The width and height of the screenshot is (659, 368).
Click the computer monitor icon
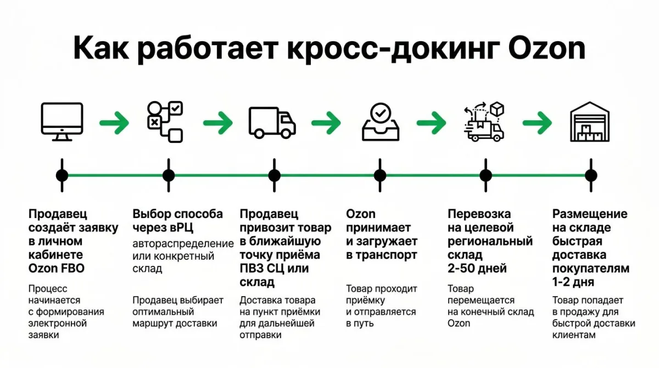[x=62, y=121]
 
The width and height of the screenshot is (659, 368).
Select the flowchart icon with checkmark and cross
[x=166, y=122]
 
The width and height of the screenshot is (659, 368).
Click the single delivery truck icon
[x=272, y=122]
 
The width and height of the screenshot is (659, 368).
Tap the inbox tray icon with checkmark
[x=380, y=121]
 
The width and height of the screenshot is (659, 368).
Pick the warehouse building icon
[x=590, y=122]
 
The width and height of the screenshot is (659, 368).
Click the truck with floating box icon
[x=484, y=121]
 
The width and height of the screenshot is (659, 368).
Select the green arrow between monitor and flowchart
[x=114, y=122]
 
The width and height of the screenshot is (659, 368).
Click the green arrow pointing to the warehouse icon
[x=537, y=122]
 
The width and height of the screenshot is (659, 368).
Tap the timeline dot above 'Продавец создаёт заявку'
[x=62, y=176]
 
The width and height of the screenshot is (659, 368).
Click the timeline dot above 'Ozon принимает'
[x=380, y=176]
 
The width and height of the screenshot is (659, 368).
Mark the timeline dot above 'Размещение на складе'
[x=590, y=176]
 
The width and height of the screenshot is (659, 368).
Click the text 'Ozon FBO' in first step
[x=56, y=269]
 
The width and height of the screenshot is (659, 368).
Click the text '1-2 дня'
[x=573, y=282]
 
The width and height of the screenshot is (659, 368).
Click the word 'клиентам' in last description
[x=573, y=334]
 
